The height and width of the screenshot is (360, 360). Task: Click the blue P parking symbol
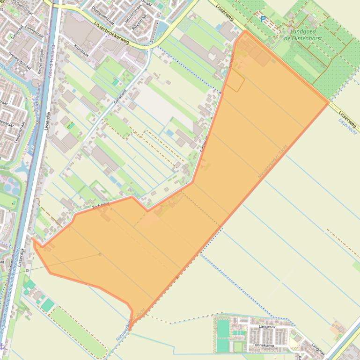263,19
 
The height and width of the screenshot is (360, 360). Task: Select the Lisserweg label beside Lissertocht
348,115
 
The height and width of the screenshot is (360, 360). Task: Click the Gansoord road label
120,95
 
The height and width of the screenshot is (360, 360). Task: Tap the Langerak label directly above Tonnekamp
266,327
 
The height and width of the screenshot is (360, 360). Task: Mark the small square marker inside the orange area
100,254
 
